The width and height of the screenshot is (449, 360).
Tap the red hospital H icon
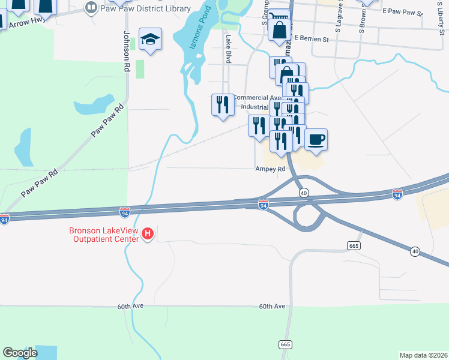148,233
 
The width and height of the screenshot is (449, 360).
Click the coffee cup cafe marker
316,140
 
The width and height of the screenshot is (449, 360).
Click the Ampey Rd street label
270,169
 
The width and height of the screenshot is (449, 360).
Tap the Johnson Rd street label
127,52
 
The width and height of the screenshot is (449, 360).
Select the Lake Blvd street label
228,49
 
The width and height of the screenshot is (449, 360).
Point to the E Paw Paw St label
403,11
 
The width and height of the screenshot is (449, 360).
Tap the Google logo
20,353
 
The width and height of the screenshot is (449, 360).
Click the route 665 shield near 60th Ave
285,344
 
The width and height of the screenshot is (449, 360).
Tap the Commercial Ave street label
256,97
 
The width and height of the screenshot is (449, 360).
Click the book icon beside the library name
91,8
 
